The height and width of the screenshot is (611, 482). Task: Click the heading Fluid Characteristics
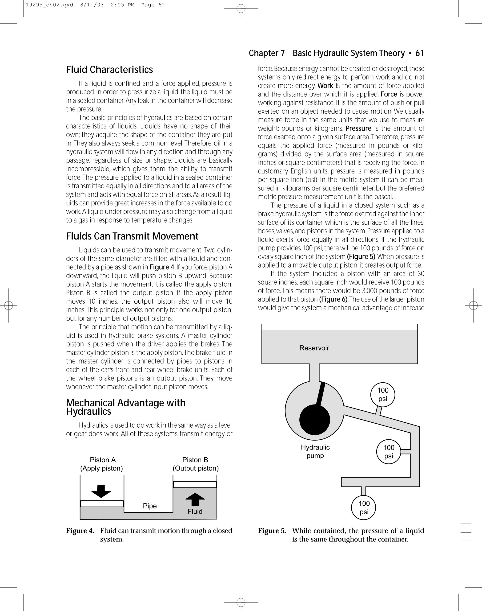pos(109,70)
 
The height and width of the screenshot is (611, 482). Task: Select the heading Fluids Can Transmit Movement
pos(132,236)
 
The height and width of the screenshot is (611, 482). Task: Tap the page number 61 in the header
pos(419,53)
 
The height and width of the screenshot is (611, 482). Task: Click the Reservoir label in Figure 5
pos(314,348)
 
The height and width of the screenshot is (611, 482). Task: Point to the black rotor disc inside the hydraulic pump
pos(314,420)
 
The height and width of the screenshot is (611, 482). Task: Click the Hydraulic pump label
pos(315,451)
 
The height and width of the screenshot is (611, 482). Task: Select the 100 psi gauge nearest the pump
pos(382,395)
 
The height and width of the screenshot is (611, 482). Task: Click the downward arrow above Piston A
pos(101,491)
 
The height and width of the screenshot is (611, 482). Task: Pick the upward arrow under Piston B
pos(195,499)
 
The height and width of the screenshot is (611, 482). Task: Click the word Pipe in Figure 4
pos(150,506)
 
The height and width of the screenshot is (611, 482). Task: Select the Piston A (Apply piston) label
pos(102,464)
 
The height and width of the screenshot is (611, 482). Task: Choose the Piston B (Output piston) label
pos(196,464)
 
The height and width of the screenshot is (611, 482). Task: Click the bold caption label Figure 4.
pos(80,531)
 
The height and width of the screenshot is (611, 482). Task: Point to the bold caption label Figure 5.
pos(272,531)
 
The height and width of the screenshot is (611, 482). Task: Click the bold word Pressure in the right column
pos(358,128)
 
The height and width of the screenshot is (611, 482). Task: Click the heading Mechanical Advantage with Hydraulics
pos(126,407)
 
